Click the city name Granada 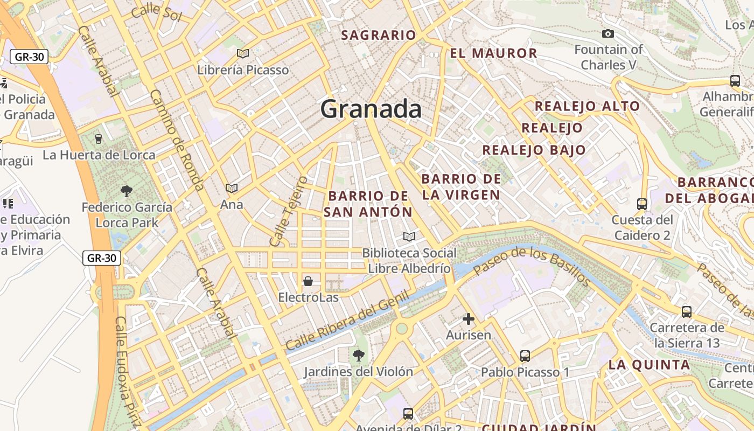371,109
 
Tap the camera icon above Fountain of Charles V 608,34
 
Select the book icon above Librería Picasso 243,53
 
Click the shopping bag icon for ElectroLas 308,281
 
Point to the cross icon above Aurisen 469,319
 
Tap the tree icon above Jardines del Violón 358,356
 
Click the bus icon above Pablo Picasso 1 525,356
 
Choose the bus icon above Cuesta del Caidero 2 642,204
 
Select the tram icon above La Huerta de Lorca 98,139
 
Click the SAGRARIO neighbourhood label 379,36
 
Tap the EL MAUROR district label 493,53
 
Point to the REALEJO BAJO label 534,150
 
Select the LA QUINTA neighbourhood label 649,365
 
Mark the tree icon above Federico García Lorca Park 127,191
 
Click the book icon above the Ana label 232,189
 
